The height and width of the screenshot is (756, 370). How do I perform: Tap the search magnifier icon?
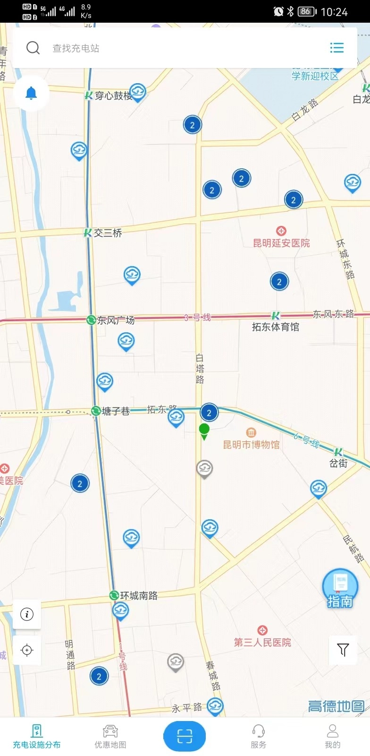[x=33, y=48]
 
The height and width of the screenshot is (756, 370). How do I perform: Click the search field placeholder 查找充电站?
[x=76, y=48]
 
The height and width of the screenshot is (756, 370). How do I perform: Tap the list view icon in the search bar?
[x=336, y=48]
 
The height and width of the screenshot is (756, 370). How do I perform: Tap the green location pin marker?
[x=204, y=430]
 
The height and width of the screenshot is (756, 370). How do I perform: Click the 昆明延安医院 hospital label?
[x=281, y=243]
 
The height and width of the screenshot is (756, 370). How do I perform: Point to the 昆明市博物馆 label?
[x=251, y=444]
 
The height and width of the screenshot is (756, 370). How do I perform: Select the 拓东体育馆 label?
[x=276, y=326]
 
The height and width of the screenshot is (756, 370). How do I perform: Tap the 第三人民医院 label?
[x=262, y=642]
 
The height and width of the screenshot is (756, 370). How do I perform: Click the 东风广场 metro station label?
[x=116, y=320]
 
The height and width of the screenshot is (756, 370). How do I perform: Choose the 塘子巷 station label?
[x=115, y=412]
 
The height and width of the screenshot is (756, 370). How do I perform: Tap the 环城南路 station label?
[x=139, y=595]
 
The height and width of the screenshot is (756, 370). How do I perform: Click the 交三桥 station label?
[x=108, y=233]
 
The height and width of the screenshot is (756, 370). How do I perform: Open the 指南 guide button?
[x=340, y=588]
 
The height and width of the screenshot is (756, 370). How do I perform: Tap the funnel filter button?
[x=343, y=650]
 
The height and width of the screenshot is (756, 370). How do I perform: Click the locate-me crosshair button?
[x=27, y=650]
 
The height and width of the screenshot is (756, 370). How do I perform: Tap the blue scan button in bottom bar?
[x=185, y=736]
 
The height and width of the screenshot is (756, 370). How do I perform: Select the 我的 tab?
[x=332, y=736]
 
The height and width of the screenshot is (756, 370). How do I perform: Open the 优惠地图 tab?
[x=110, y=736]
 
